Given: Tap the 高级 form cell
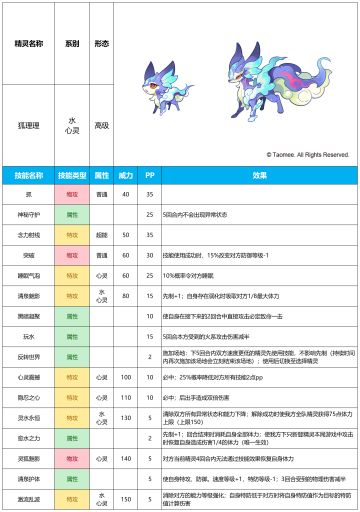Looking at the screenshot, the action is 101,126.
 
